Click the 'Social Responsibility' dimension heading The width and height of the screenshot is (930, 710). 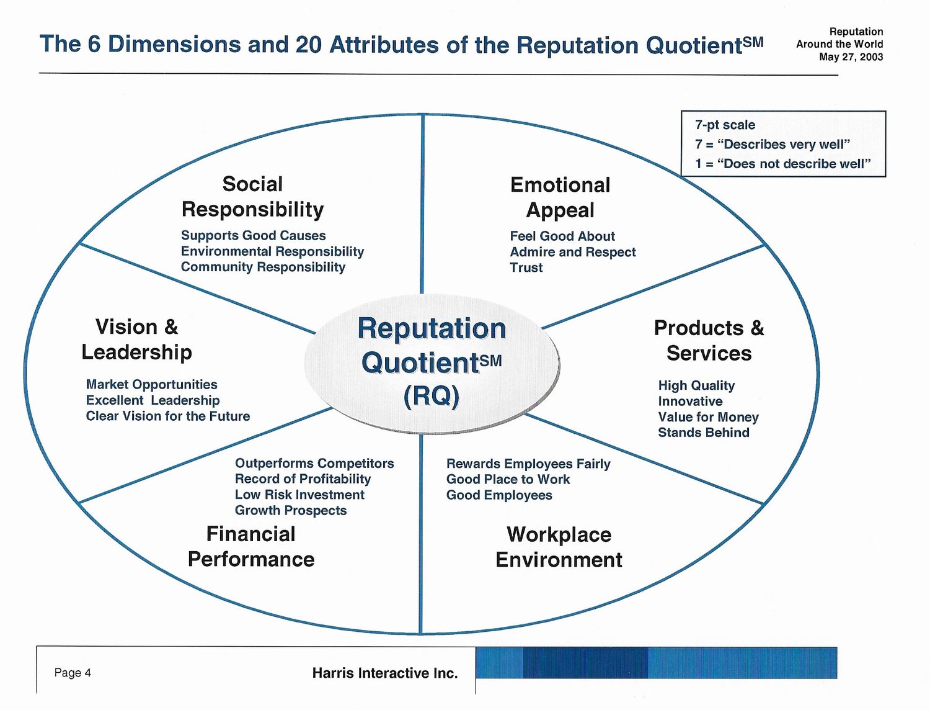(252, 197)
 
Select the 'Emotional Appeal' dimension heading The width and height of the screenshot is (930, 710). (560, 197)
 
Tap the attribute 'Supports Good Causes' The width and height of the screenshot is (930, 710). (253, 236)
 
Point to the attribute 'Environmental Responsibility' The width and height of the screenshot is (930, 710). (272, 251)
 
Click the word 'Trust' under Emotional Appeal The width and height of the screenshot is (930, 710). (526, 267)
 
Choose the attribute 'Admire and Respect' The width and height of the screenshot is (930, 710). (573, 252)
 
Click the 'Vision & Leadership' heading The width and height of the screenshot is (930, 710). (136, 339)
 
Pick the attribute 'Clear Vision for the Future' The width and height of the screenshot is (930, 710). (168, 416)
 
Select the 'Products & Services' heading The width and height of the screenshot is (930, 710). (709, 340)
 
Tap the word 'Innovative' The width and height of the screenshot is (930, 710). (690, 402)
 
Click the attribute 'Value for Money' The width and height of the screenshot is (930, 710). (708, 417)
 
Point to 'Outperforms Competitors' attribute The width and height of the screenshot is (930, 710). (314, 464)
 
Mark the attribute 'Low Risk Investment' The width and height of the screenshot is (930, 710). (299, 495)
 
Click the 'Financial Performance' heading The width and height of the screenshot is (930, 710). (251, 547)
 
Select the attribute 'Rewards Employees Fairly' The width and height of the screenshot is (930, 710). (528, 464)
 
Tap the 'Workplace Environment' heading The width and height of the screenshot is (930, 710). (559, 547)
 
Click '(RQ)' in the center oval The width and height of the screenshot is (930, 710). (432, 395)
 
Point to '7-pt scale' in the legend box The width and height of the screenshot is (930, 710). (725, 125)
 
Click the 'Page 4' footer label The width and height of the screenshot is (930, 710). (73, 673)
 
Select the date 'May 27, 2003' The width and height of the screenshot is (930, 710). (851, 57)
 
